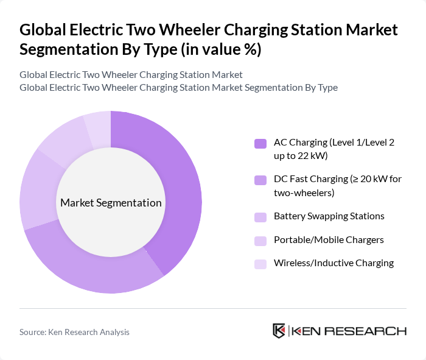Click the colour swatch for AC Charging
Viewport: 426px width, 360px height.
260,144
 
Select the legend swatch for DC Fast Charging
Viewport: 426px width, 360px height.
260,180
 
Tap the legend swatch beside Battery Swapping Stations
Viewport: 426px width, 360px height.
260,217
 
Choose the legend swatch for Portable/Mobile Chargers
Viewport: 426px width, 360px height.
260,240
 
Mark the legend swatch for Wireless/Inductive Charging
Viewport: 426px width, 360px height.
260,264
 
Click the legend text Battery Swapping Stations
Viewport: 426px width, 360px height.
329,216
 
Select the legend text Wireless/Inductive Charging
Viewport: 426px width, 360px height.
333,263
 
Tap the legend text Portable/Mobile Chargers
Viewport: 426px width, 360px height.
329,239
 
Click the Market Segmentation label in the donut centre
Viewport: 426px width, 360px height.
111,203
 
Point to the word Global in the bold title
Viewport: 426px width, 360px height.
43,29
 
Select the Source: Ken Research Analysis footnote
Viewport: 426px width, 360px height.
74,332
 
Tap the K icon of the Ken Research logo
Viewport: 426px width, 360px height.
279,331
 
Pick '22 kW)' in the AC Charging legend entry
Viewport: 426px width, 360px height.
313,156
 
